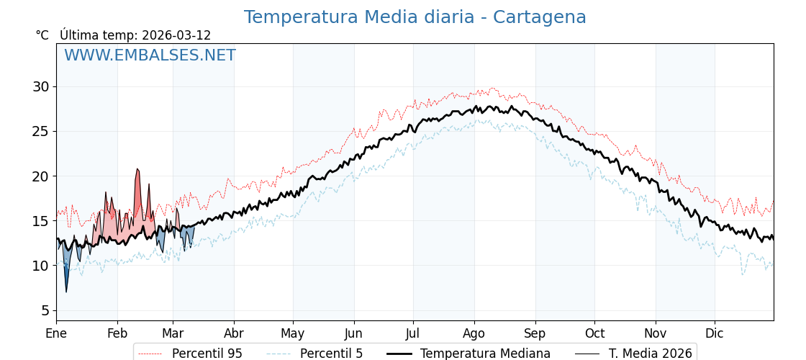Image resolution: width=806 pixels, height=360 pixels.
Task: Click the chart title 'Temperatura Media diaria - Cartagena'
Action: pyautogui.click(x=415, y=17)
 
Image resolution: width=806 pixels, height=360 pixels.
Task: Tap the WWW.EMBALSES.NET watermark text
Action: pyautogui.click(x=150, y=55)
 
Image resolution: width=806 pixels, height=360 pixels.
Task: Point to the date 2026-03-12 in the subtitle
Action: pyautogui.click(x=176, y=35)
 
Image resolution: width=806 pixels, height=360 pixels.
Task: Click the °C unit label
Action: pyautogui.click(x=42, y=35)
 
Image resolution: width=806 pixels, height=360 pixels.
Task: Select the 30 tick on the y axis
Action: pyautogui.click(x=40, y=87)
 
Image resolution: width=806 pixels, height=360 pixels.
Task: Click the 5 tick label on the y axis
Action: pyautogui.click(x=45, y=311)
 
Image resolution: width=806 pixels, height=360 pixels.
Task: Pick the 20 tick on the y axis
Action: pyautogui.click(x=40, y=176)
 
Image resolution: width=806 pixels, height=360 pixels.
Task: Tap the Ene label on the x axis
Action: pyautogui.click(x=56, y=333)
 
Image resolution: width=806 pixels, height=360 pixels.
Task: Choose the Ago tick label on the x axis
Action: pyautogui.click(x=474, y=333)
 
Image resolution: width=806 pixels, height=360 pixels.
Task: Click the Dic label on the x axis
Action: pyautogui.click(x=715, y=333)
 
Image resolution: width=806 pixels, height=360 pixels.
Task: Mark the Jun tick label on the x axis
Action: pyautogui.click(x=353, y=333)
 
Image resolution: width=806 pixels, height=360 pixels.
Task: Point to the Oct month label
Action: pyautogui.click(x=594, y=333)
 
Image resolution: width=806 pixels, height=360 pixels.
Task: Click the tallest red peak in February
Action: pyautogui.click(x=137, y=170)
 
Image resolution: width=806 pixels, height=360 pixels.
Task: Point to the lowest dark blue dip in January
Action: pyautogui.click(x=66, y=290)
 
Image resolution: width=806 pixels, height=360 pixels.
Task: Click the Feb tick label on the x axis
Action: pyautogui.click(x=117, y=333)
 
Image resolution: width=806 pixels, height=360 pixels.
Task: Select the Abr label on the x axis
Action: pyautogui.click(x=234, y=333)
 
